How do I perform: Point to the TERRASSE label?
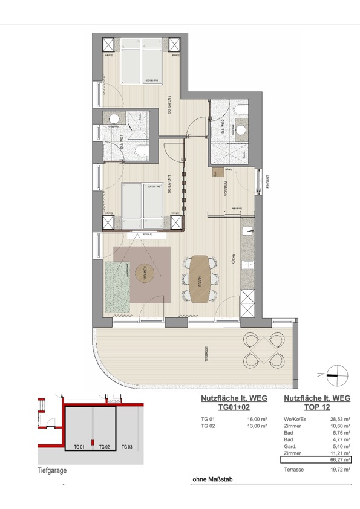[206, 354]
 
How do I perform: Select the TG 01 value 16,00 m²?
[257, 418]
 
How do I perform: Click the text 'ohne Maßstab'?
[212, 480]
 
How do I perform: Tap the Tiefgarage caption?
[51, 470]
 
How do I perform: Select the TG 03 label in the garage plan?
[126, 447]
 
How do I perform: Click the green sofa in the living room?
[119, 286]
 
